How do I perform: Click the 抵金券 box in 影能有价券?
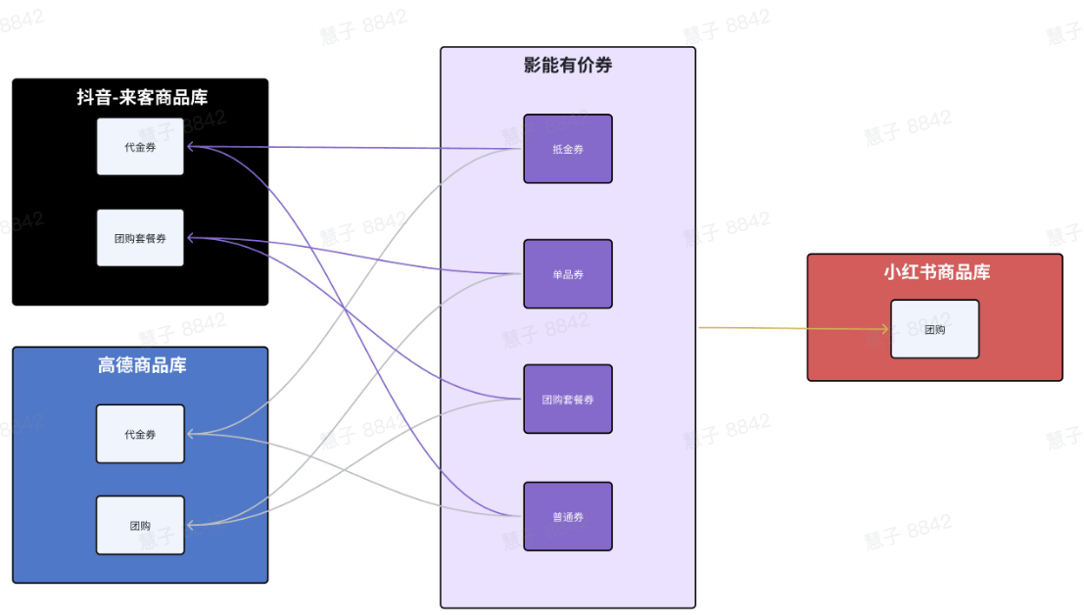pos(567,149)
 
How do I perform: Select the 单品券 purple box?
pos(567,274)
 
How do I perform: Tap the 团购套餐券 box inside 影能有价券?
pos(567,400)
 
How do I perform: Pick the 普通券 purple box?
pos(567,516)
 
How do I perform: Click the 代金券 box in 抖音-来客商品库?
pos(140,147)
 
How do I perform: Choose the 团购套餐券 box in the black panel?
pos(140,238)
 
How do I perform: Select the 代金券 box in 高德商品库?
pos(140,434)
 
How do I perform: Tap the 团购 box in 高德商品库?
pos(140,525)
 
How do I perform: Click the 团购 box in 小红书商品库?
pos(934,329)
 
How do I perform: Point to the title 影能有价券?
pos(568,66)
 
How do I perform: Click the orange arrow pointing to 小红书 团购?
pos(793,328)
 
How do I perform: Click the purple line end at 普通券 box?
pos(517,516)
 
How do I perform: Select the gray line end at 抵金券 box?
pos(517,150)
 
